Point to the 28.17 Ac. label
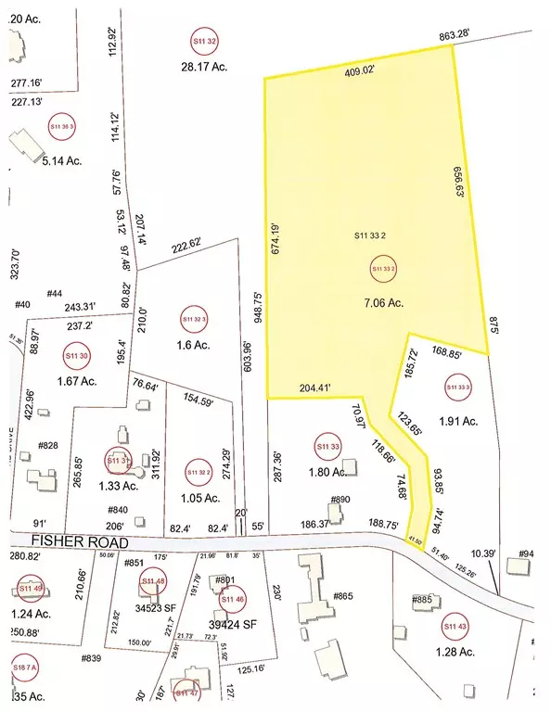coord(204,66)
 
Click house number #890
coord(341,500)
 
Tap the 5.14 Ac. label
coord(60,159)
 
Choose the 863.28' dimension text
coord(457,34)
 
